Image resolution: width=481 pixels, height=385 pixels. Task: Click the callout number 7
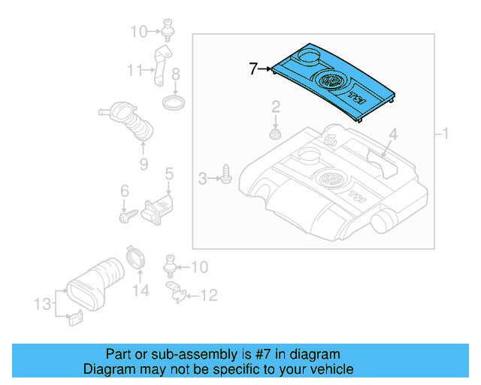pyautogui.click(x=254, y=69)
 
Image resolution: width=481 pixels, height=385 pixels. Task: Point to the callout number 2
pyautogui.click(x=276, y=106)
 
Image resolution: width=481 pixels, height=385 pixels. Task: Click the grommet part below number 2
pyautogui.click(x=276, y=135)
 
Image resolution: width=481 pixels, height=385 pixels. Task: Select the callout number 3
pyautogui.click(x=202, y=178)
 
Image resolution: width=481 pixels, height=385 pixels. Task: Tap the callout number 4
pyautogui.click(x=392, y=135)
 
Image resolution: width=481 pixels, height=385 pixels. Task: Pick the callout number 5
pyautogui.click(x=169, y=174)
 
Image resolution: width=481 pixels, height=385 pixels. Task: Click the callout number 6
pyautogui.click(x=125, y=195)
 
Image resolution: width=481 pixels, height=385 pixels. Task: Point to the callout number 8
pyautogui.click(x=175, y=74)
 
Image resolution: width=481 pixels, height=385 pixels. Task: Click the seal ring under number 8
pyautogui.click(x=174, y=102)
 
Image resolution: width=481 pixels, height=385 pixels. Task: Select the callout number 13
pyautogui.click(x=42, y=304)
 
